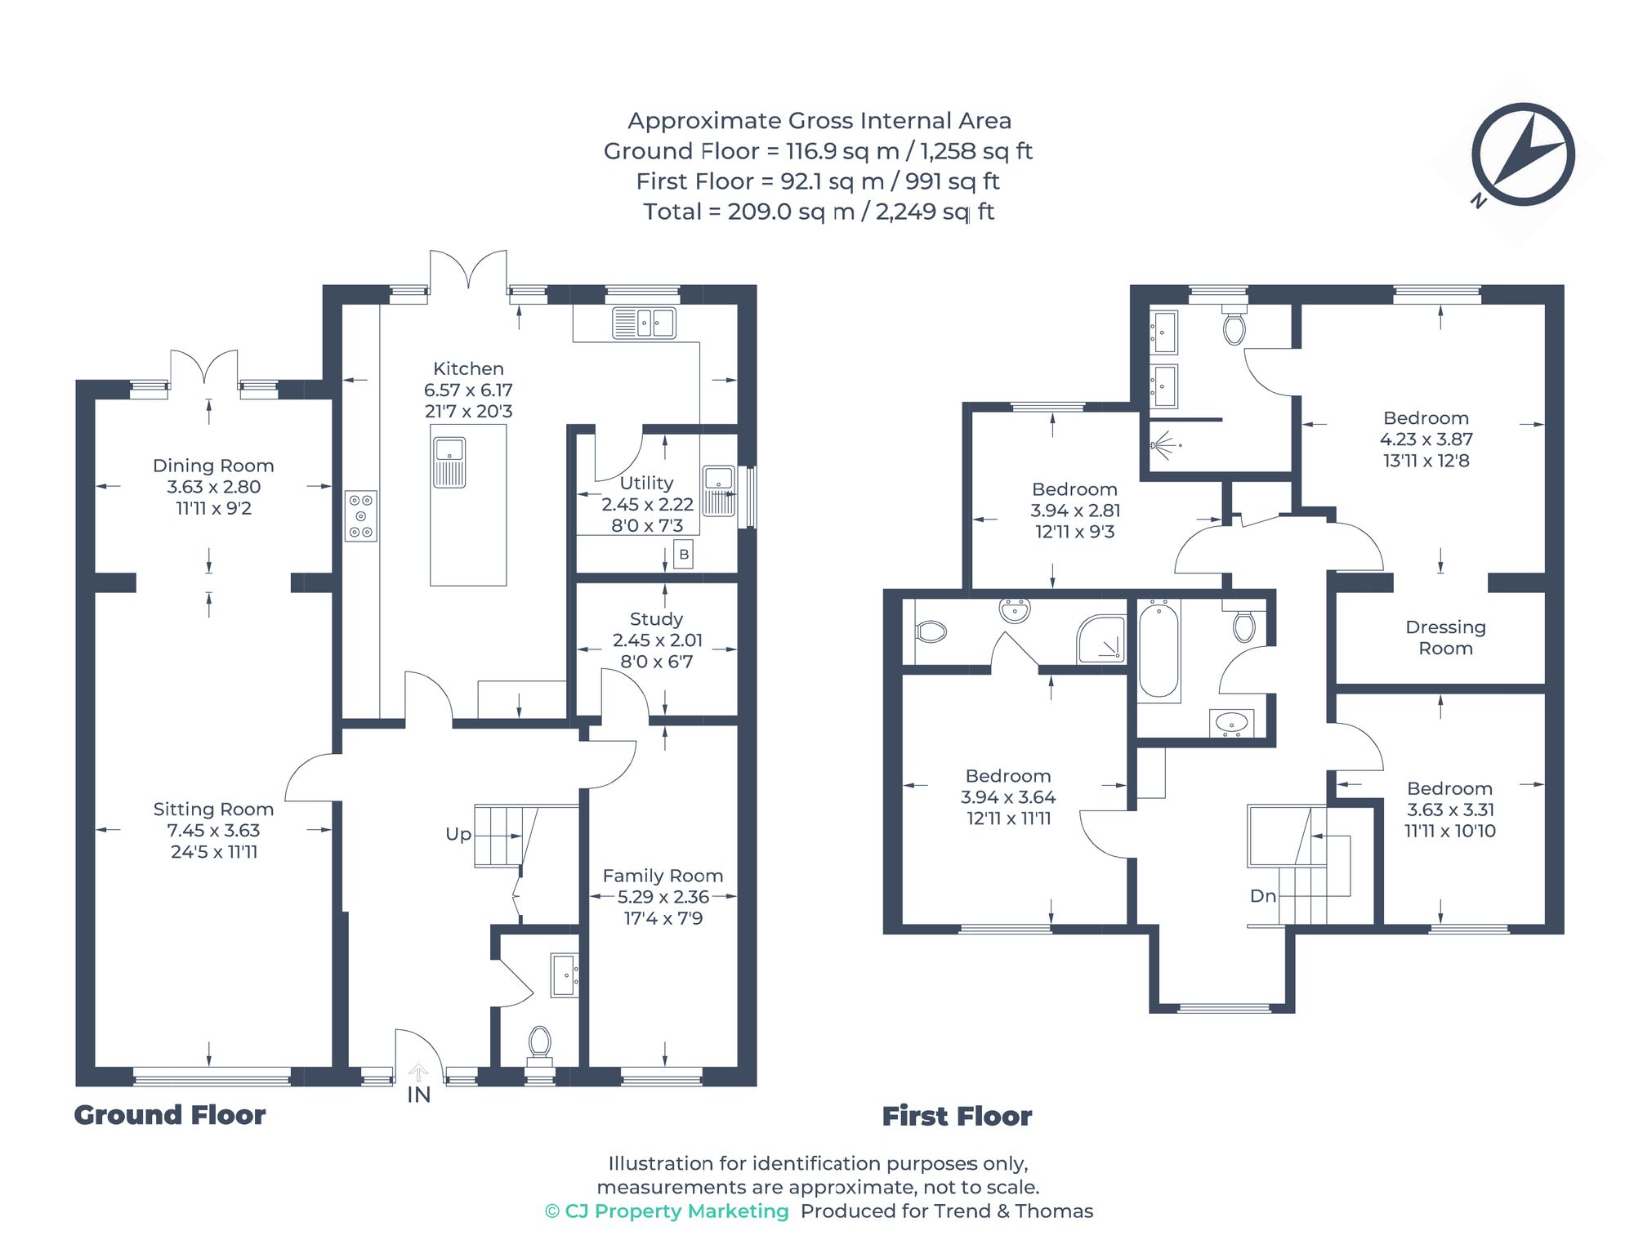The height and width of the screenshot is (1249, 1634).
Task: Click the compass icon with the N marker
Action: tap(1522, 154)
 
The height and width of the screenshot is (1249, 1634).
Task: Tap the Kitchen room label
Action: tap(468, 368)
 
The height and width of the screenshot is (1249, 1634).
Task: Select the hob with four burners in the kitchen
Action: tap(360, 516)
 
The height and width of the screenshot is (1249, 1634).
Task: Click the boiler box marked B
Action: tap(684, 555)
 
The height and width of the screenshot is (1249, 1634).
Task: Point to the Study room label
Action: tap(656, 619)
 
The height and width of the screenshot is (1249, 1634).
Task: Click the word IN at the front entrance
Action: tap(418, 1095)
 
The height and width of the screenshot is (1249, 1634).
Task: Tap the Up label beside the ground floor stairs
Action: tap(458, 834)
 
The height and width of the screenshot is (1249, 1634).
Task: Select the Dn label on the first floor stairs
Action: tap(1262, 896)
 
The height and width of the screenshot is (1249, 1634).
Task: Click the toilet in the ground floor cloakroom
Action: tap(539, 1043)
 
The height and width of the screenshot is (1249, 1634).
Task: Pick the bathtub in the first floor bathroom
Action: tap(1159, 650)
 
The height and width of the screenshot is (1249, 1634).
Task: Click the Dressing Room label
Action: tap(1445, 638)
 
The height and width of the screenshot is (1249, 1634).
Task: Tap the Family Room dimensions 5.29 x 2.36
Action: tap(663, 897)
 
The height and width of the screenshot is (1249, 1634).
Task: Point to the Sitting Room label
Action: tap(213, 810)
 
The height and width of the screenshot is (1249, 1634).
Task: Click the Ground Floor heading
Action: tap(170, 1115)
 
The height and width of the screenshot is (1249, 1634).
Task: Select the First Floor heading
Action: tap(957, 1116)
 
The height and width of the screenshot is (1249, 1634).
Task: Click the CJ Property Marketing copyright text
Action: tap(667, 1211)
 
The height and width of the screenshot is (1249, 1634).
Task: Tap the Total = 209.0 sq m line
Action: tap(818, 212)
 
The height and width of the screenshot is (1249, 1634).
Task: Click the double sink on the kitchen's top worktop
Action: tap(644, 323)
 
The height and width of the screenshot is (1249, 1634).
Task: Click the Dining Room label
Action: tap(213, 466)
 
